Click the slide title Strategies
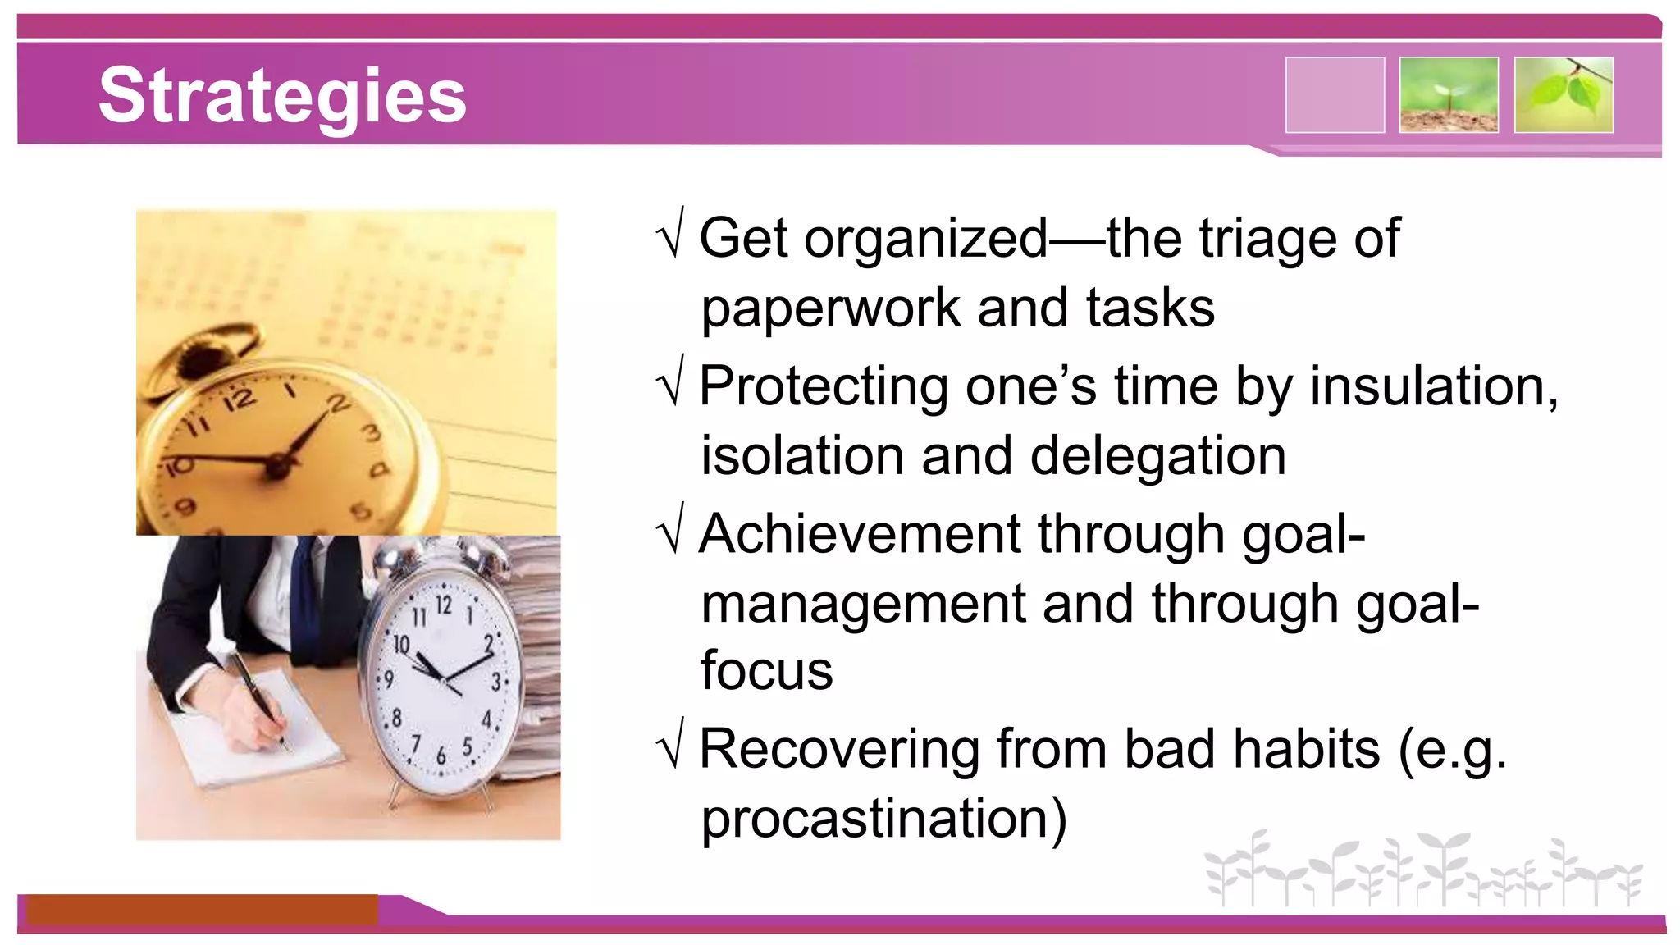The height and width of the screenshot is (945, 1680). click(x=282, y=96)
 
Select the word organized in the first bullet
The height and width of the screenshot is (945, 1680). click(x=926, y=240)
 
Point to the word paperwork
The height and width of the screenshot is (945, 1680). click(x=829, y=310)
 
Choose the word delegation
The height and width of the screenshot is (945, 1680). click(x=1157, y=456)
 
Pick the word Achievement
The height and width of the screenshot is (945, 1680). click(x=860, y=534)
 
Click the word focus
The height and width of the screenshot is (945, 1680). click(x=766, y=670)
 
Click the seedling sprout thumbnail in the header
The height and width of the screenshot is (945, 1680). click(x=1449, y=95)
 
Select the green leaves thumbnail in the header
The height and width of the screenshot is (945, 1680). click(x=1564, y=95)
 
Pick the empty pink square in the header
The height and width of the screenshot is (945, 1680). click(x=1335, y=95)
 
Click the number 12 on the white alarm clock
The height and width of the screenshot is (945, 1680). click(x=444, y=605)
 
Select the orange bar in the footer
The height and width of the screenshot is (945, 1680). click(x=202, y=910)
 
